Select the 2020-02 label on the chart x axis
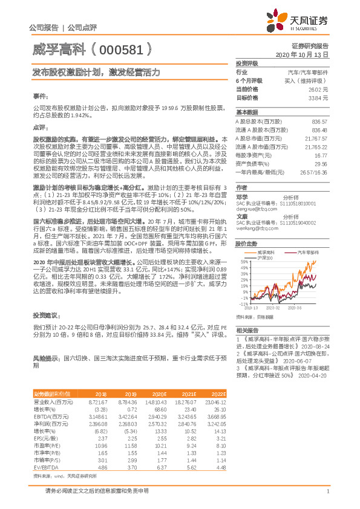[272, 308]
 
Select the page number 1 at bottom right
[327, 491]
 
